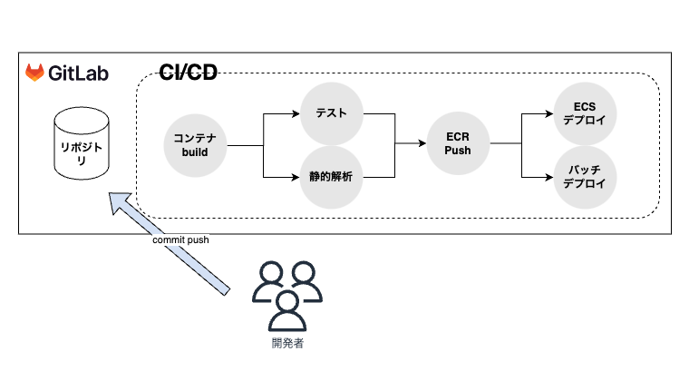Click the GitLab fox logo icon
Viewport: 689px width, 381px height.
(x=34, y=73)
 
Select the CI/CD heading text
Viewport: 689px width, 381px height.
(x=188, y=73)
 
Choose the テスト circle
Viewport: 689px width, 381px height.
(x=332, y=114)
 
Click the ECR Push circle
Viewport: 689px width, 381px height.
(x=457, y=143)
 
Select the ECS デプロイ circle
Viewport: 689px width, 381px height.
(x=585, y=114)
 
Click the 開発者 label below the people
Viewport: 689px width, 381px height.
(x=286, y=344)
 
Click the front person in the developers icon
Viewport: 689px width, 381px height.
(x=287, y=311)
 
